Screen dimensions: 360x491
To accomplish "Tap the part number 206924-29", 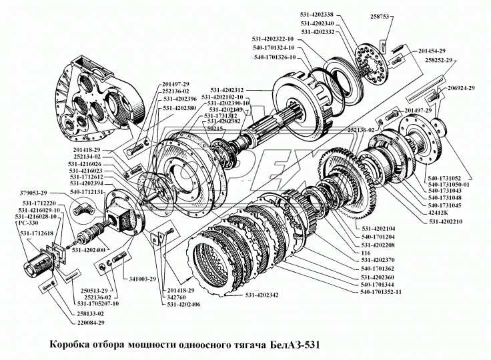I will click(461, 88).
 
